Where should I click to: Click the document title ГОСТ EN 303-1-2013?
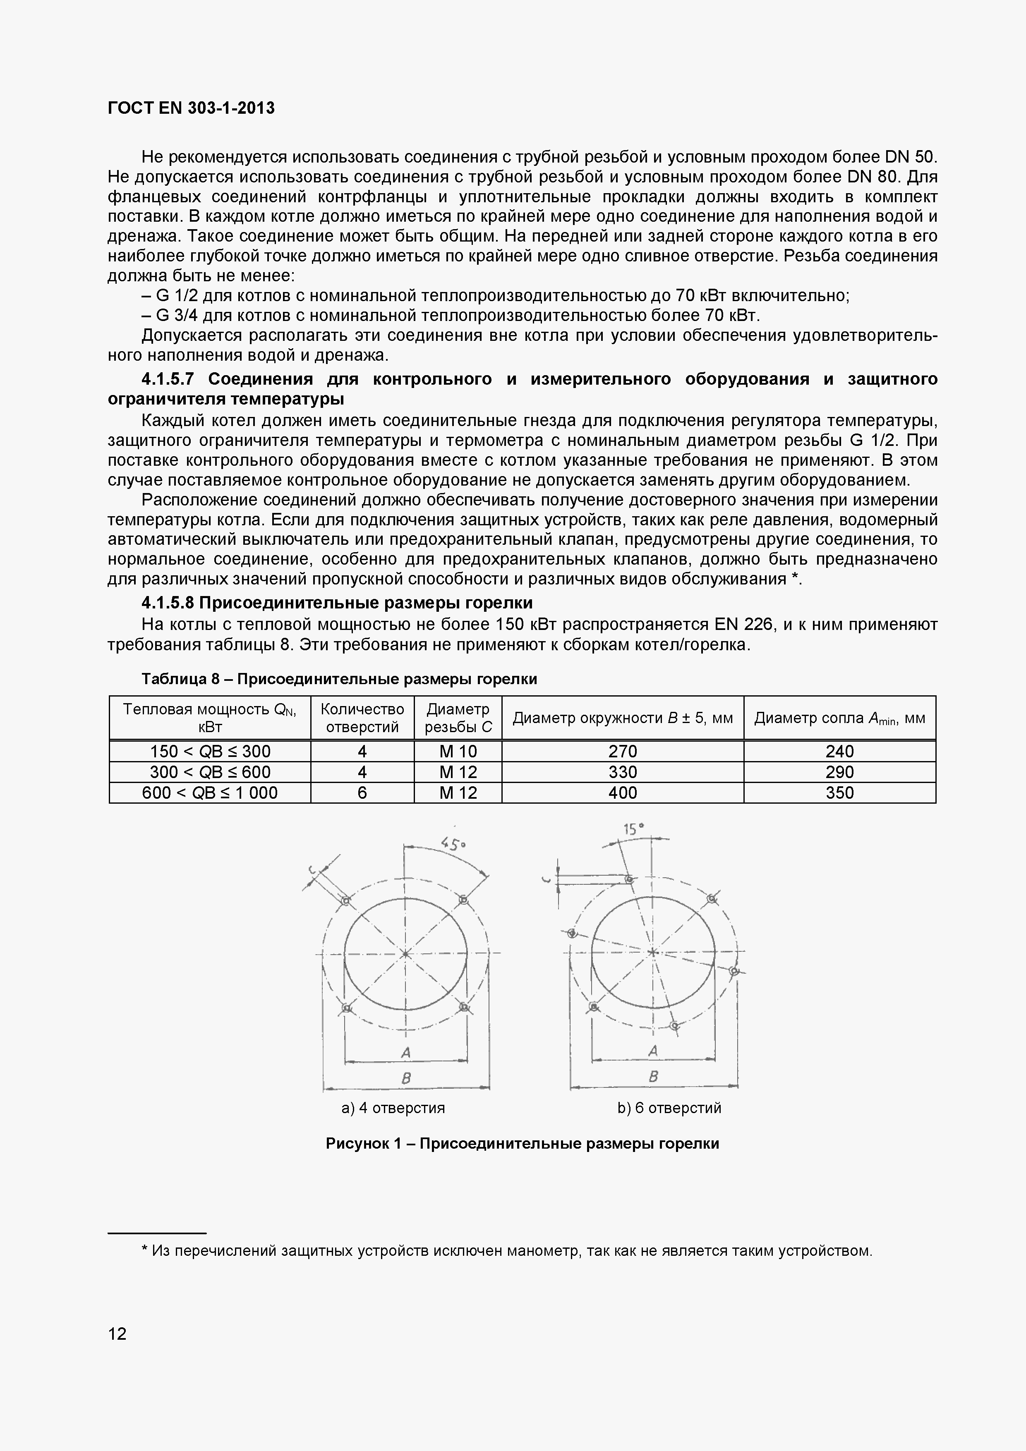(x=191, y=108)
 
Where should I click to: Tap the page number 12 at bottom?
(x=117, y=1334)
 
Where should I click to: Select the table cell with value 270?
(x=622, y=752)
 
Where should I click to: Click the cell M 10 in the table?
(x=458, y=752)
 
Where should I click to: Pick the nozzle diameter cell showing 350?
(x=839, y=793)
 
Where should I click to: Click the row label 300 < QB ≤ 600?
(x=210, y=772)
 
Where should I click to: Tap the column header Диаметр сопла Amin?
(x=839, y=718)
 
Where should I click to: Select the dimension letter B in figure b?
(x=653, y=1075)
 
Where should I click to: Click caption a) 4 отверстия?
(x=393, y=1108)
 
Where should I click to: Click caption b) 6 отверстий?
(x=669, y=1108)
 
